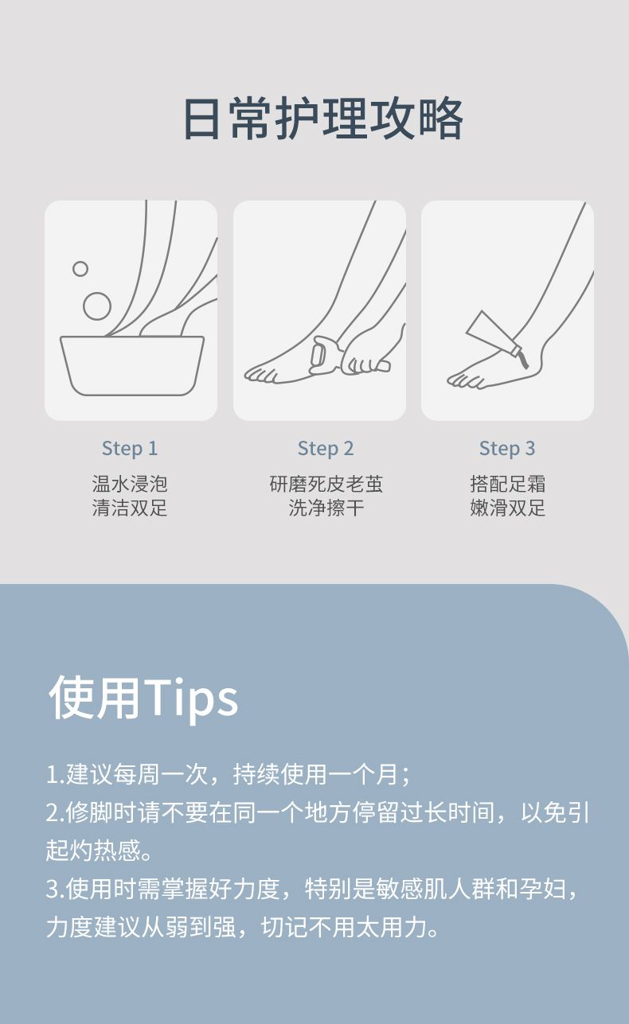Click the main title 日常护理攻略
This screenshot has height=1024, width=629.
(x=323, y=118)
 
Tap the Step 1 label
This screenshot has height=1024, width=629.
(x=130, y=449)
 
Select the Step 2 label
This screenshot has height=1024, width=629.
(x=326, y=449)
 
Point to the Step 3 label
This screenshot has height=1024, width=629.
(x=507, y=449)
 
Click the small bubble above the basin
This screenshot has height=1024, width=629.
(x=80, y=269)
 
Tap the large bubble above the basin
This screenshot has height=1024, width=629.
(x=97, y=306)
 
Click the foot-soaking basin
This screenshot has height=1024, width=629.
(x=132, y=365)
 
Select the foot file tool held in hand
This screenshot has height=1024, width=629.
(x=323, y=354)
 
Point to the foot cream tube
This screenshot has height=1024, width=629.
(x=497, y=339)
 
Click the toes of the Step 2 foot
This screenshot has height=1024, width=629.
(x=260, y=374)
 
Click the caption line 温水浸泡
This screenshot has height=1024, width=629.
(x=130, y=484)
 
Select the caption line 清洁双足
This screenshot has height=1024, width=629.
(x=130, y=508)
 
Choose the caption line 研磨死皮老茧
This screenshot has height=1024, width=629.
(x=326, y=484)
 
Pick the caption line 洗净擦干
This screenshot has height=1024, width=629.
(x=326, y=508)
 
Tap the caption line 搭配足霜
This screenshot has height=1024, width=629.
(x=507, y=484)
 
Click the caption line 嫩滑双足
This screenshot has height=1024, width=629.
(x=507, y=508)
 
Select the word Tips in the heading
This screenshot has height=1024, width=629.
(x=191, y=699)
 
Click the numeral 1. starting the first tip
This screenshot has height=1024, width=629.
(x=55, y=775)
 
